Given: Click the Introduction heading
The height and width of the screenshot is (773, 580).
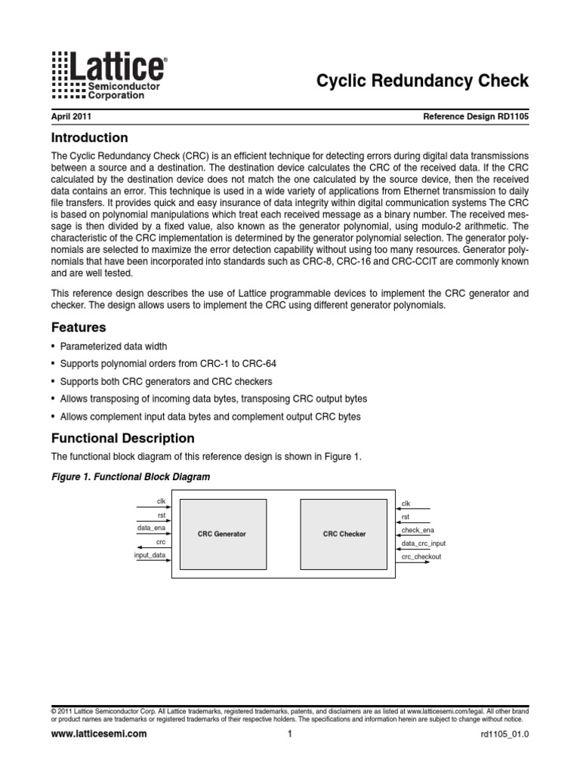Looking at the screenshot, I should (x=89, y=138).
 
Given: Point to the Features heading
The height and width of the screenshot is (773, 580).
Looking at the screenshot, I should (x=78, y=328).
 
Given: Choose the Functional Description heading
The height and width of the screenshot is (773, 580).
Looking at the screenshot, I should (x=122, y=439).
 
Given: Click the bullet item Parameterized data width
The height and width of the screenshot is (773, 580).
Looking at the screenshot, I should (x=114, y=346).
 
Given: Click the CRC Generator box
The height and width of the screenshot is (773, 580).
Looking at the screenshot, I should (x=221, y=534).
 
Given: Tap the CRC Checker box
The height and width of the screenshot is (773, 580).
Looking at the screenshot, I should (x=344, y=534).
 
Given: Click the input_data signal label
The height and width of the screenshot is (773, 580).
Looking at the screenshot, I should (x=150, y=555).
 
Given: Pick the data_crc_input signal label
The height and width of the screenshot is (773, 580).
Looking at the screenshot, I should (x=423, y=543).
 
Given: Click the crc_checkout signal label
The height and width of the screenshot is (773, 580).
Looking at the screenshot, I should (x=421, y=556).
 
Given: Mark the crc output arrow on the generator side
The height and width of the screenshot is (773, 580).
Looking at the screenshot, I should (x=143, y=547).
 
